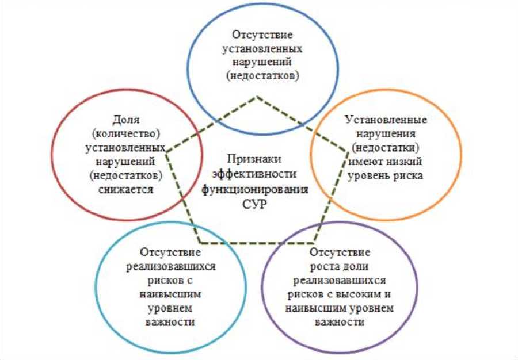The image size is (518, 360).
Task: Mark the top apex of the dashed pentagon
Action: point(257,97)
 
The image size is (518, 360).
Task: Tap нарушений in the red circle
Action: point(127,162)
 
